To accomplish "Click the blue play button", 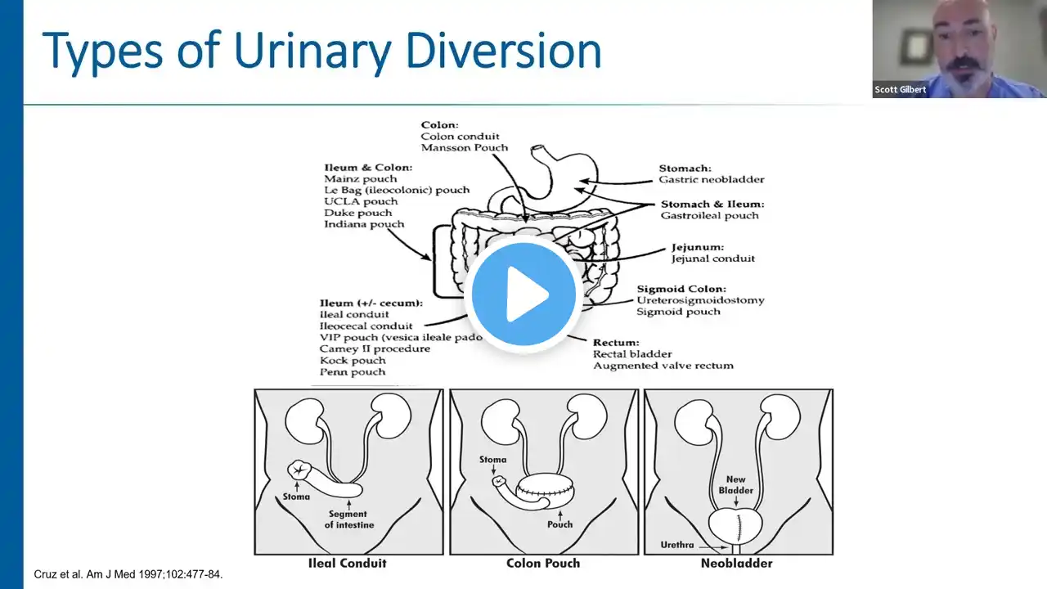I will tap(523, 294).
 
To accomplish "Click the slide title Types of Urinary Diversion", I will tap(321, 51).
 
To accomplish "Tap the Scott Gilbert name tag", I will tap(901, 90).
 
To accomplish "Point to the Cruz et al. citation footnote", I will tap(128, 574).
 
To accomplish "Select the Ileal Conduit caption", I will tap(348, 563).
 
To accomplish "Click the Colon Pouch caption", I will tap(543, 563).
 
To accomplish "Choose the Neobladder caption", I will tap(737, 563).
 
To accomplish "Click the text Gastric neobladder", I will tap(712, 179).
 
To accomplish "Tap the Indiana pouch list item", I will tap(363, 224).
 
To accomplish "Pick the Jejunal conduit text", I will tap(712, 259).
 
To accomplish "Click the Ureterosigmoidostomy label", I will tap(701, 300).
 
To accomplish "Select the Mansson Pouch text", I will tap(464, 148).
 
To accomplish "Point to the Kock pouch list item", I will tap(353, 360).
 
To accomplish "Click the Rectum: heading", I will tap(616, 342).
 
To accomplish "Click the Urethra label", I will tap(678, 545).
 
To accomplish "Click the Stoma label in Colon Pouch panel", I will tap(493, 460).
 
